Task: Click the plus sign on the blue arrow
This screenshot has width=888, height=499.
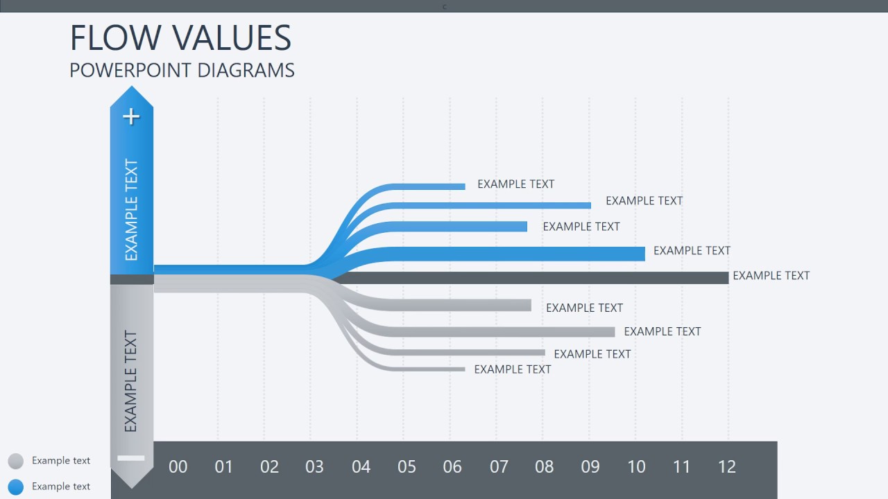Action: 131,116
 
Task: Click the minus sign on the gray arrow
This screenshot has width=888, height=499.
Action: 131,457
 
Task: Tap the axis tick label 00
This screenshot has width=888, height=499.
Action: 178,466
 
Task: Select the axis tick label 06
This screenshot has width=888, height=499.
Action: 452,466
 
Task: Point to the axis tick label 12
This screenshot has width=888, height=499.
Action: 726,466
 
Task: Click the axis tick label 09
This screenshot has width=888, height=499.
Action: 590,466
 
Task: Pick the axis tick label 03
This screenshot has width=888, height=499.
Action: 314,466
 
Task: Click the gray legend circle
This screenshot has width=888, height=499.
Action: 15,461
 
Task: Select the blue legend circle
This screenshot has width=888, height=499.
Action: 15,487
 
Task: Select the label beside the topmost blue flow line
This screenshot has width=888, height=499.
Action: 515,184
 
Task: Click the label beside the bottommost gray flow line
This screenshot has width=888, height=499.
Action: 512,369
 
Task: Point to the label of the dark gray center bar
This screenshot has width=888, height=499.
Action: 771,276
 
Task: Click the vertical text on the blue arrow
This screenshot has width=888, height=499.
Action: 131,210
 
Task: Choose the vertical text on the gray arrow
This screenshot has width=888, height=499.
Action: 131,381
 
